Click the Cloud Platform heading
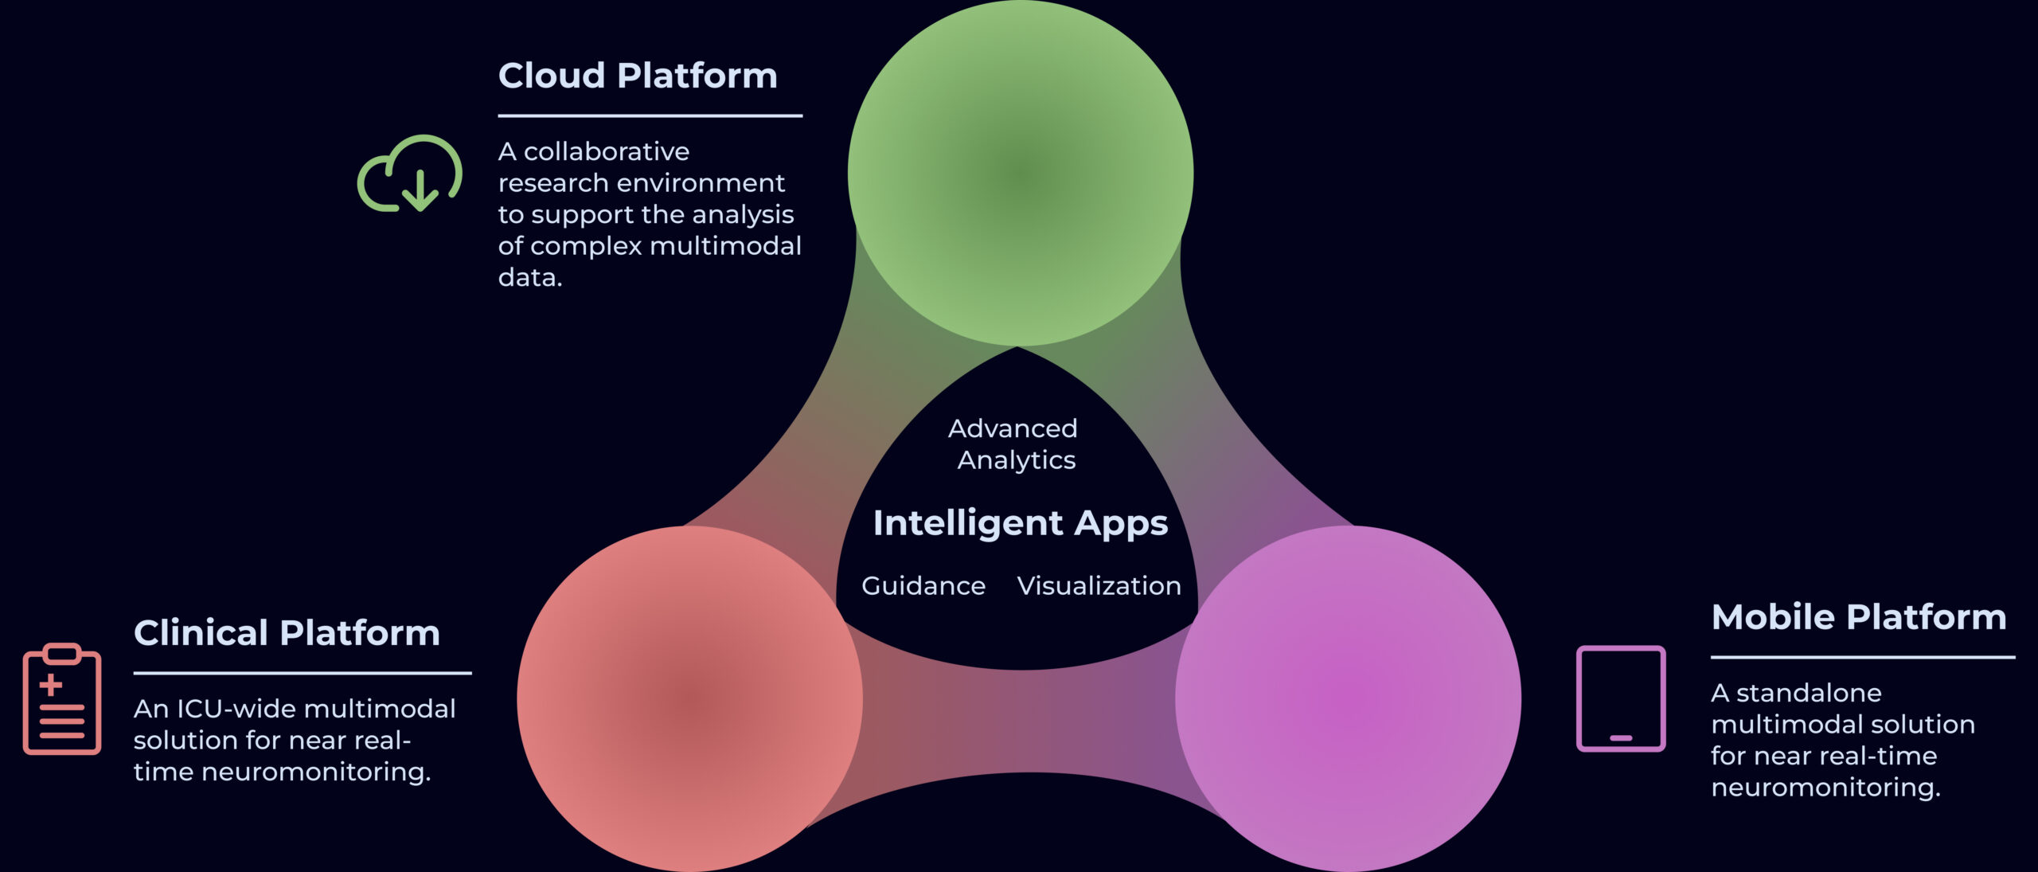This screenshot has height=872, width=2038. point(638,76)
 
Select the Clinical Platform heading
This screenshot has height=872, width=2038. point(287,633)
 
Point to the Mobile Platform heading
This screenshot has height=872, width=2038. point(1859,617)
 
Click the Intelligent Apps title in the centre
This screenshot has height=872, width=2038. point(1021,523)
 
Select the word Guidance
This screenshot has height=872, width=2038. point(923,586)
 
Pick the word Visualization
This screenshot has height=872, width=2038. point(1099,586)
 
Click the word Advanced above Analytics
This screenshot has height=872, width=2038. point(1013,428)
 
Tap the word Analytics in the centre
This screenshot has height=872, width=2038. point(1017,460)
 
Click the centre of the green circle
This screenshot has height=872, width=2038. point(1020,173)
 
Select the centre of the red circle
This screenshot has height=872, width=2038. point(689,698)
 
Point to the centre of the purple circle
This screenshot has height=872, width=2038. point(1348,698)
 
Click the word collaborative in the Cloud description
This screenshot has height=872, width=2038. point(607,151)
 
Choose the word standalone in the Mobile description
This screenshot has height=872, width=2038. point(1809,693)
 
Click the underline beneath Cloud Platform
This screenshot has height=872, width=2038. point(650,116)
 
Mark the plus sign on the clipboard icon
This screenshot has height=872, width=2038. point(51,685)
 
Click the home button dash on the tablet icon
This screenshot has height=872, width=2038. point(1621,738)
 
